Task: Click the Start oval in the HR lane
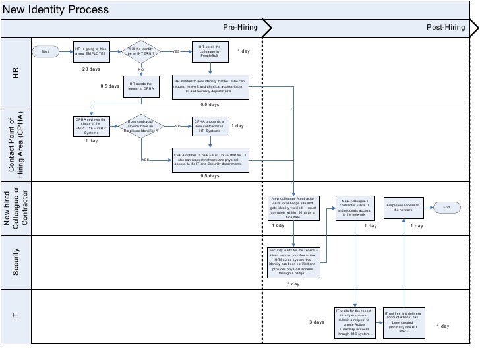(x=45, y=51)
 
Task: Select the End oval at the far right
(x=446, y=208)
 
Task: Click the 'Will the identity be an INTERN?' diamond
(x=140, y=51)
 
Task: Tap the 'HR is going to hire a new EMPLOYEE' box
(x=90, y=51)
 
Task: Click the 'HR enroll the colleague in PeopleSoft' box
(x=211, y=51)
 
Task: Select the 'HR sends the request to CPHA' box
(x=140, y=87)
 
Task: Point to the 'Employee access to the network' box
(x=403, y=208)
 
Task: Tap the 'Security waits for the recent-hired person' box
(x=293, y=261)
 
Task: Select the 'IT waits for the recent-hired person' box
(x=355, y=322)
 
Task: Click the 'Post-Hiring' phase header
(x=446, y=28)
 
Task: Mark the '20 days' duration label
(x=90, y=69)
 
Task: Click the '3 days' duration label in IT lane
(x=317, y=322)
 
